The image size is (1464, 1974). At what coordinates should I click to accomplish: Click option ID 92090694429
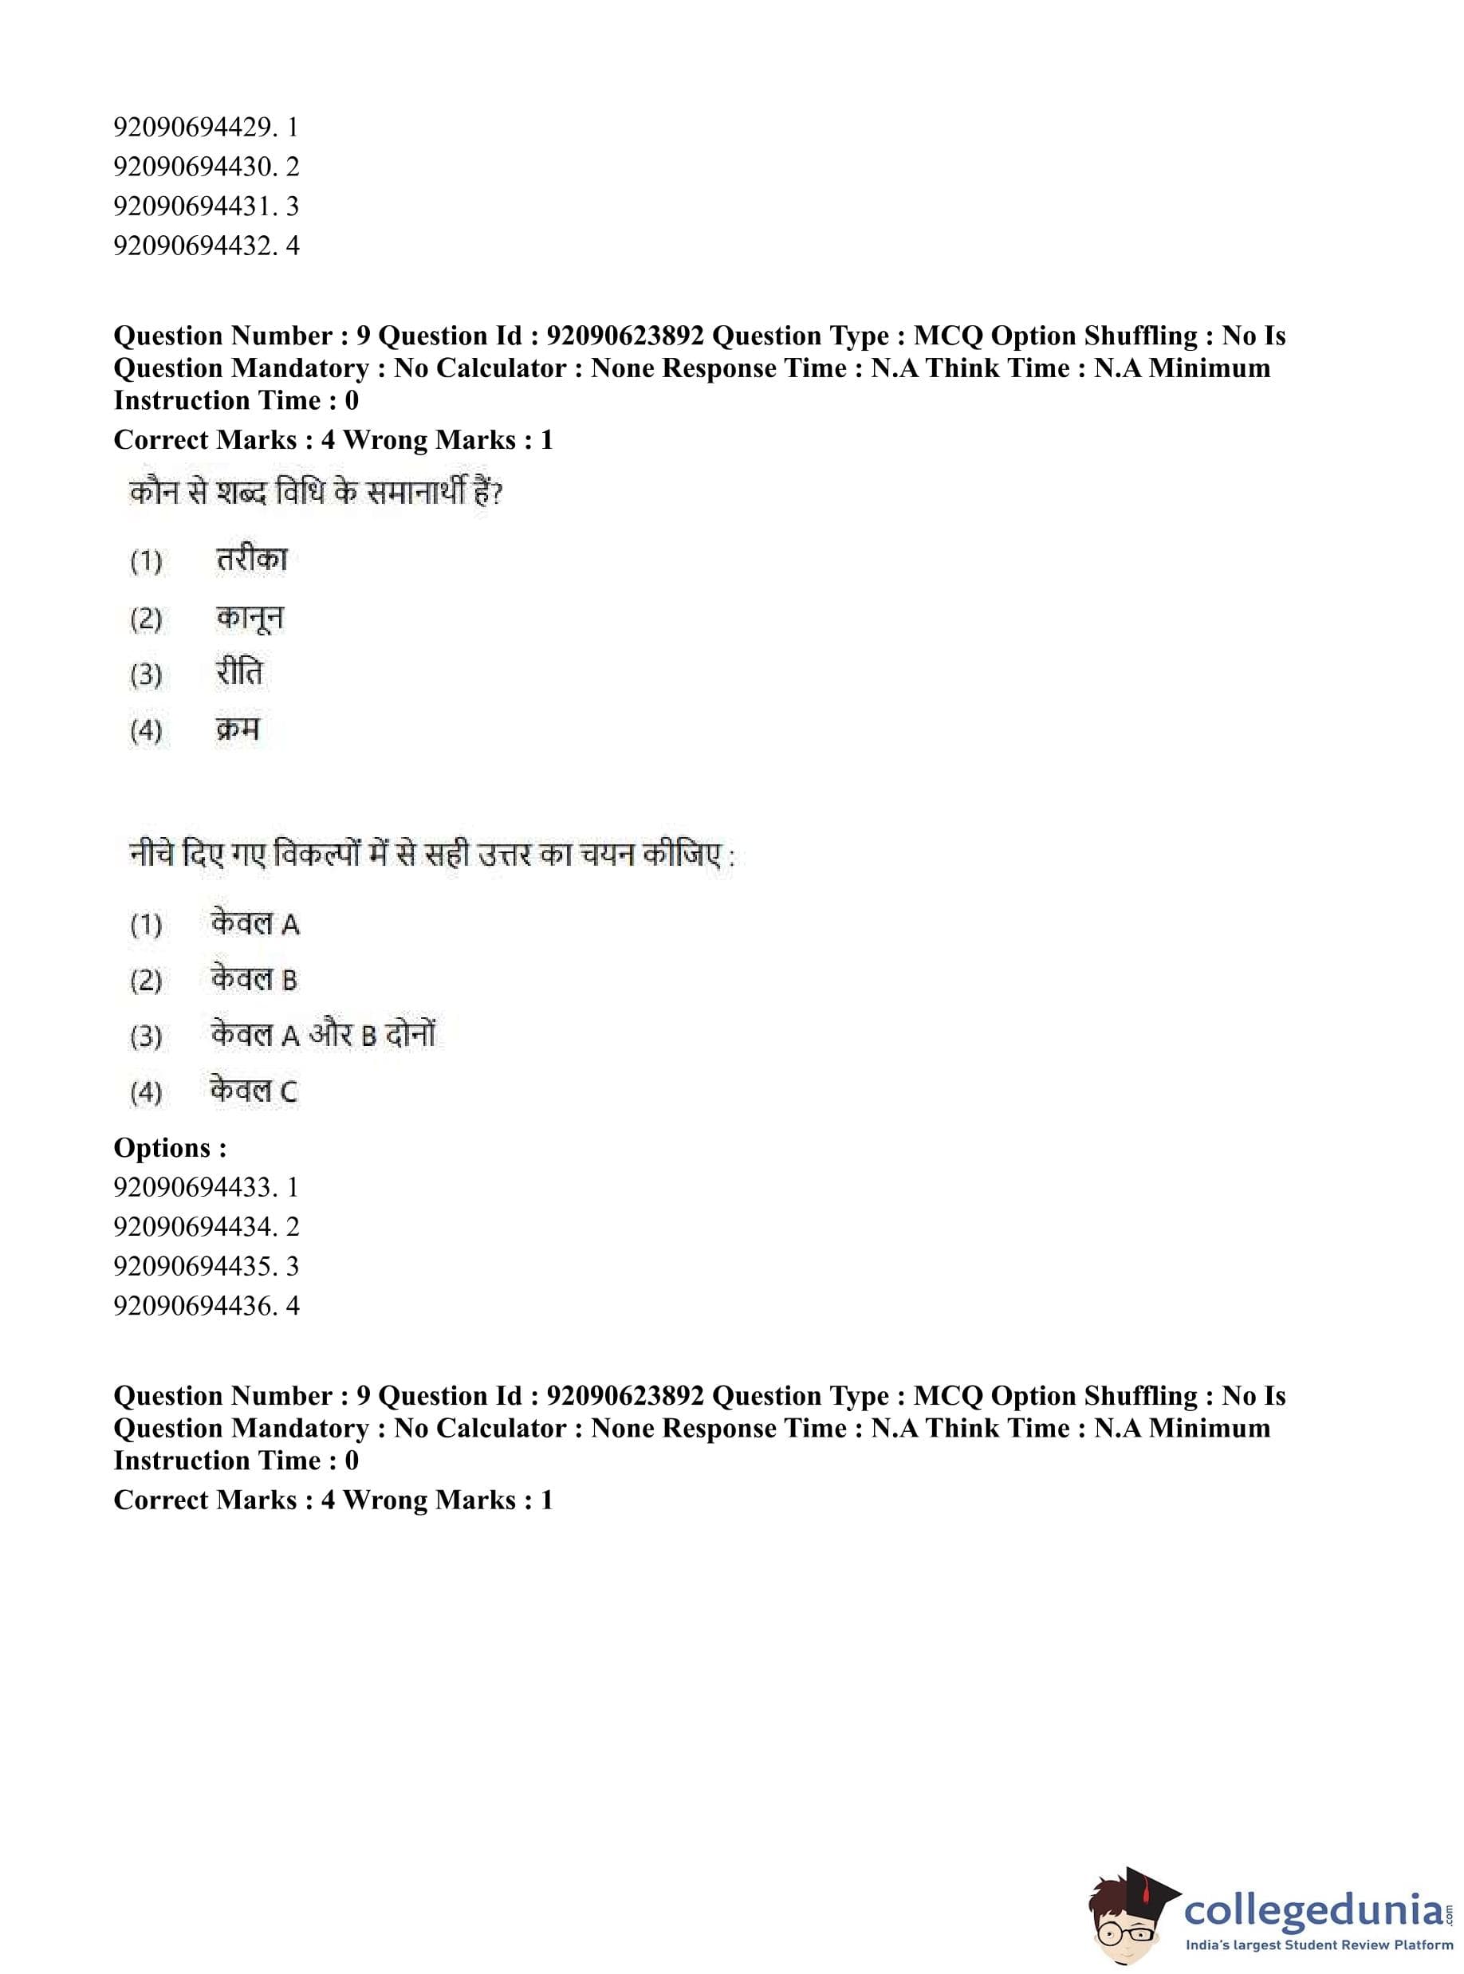pos(205,128)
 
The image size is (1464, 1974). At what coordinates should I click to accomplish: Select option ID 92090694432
pos(205,246)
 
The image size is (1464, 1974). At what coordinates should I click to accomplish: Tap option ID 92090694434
pos(205,1226)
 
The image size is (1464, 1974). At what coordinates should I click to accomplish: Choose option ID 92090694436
pos(205,1305)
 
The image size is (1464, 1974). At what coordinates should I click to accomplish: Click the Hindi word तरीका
pos(252,560)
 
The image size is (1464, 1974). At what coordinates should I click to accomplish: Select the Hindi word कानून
pos(250,618)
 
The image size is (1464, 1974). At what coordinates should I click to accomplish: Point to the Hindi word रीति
pos(239,674)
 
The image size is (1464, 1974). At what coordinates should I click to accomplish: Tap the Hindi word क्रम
pos(238,730)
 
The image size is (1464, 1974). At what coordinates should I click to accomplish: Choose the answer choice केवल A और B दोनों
pos(323,1035)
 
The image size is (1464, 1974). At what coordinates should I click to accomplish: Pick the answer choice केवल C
pos(254,1091)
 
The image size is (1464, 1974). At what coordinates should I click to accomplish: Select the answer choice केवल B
pos(254,980)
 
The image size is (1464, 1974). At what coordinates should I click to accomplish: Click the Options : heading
pos(170,1148)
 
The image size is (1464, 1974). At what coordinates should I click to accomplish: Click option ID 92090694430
pos(205,167)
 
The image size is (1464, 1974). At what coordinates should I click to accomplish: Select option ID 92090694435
pos(205,1266)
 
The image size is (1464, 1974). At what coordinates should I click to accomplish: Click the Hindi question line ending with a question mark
pos(316,493)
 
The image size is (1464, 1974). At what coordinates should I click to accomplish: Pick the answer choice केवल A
pos(254,924)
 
